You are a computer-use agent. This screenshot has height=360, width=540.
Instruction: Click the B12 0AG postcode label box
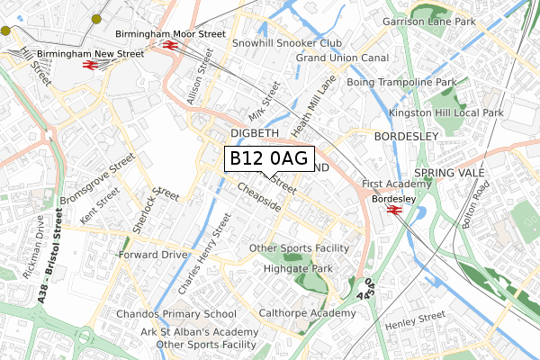268,158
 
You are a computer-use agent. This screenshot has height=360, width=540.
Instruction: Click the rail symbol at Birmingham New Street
90,65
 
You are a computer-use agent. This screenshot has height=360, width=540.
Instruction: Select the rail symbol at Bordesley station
393,211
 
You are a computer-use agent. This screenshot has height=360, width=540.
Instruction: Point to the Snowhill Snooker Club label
286,42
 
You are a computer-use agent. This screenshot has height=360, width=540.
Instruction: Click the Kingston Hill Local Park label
458,112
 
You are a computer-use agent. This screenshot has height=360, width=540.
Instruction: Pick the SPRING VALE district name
449,172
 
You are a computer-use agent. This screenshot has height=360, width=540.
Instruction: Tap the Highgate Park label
298,268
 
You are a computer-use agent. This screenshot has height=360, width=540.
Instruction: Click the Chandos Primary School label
176,314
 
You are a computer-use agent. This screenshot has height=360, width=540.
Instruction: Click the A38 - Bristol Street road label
49,256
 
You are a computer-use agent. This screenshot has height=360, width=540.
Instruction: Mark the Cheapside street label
260,199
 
